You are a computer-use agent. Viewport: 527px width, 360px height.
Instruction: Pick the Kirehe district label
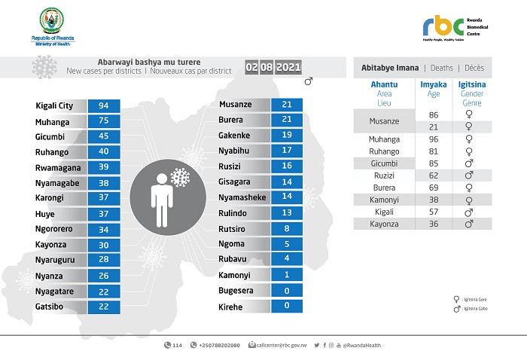tap(231, 307)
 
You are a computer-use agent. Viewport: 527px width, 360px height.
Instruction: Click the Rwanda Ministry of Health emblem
tap(53, 20)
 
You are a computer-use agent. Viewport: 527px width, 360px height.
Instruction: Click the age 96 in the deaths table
tap(433, 139)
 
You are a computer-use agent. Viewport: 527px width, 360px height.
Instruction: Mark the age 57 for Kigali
tap(433, 212)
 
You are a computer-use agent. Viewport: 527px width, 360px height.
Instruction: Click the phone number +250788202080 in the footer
tap(218, 345)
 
